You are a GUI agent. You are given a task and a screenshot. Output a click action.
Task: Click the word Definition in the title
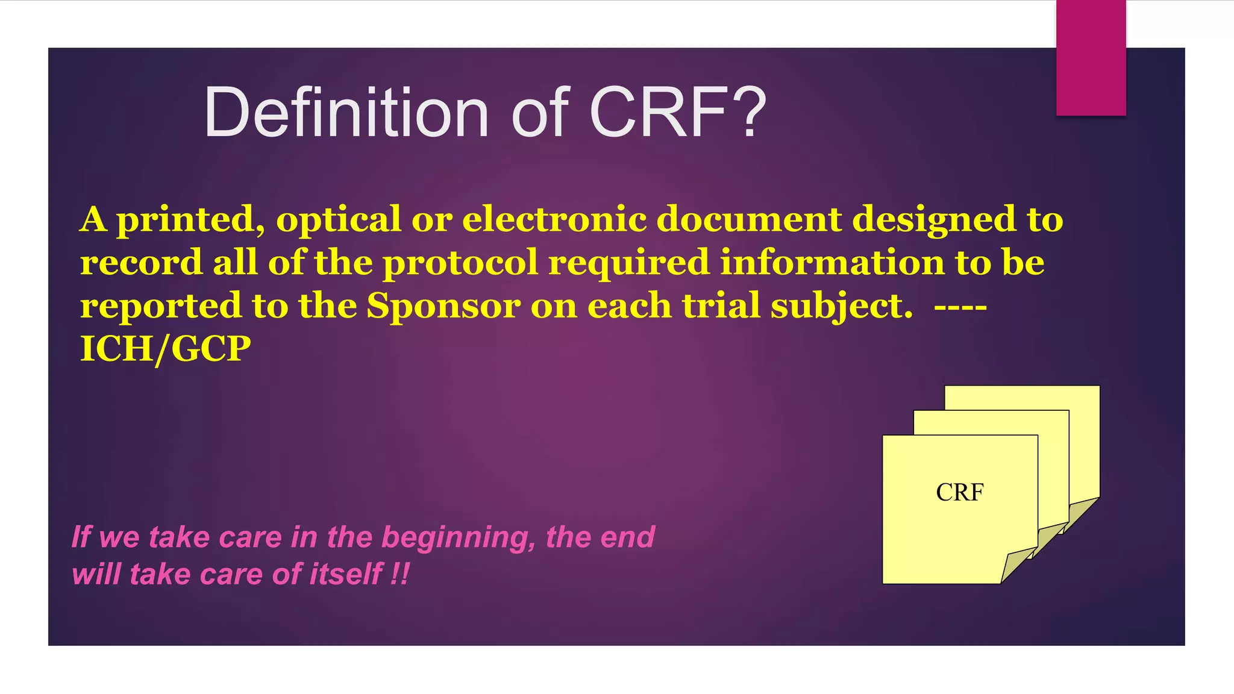(x=346, y=113)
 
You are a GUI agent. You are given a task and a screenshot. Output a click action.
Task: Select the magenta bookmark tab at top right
(x=1091, y=58)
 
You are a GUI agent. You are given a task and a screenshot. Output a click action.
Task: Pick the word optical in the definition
(x=338, y=219)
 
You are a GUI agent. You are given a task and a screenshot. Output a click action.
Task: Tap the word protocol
(x=460, y=263)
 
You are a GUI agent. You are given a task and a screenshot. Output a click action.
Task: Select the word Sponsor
(x=443, y=306)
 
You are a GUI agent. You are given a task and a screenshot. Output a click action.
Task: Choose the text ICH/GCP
(x=165, y=349)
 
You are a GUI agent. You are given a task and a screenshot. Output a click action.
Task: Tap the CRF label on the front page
(x=959, y=493)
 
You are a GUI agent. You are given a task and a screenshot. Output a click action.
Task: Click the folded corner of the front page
(x=1016, y=564)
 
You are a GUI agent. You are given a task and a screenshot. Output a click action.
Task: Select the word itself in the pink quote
(x=345, y=574)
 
